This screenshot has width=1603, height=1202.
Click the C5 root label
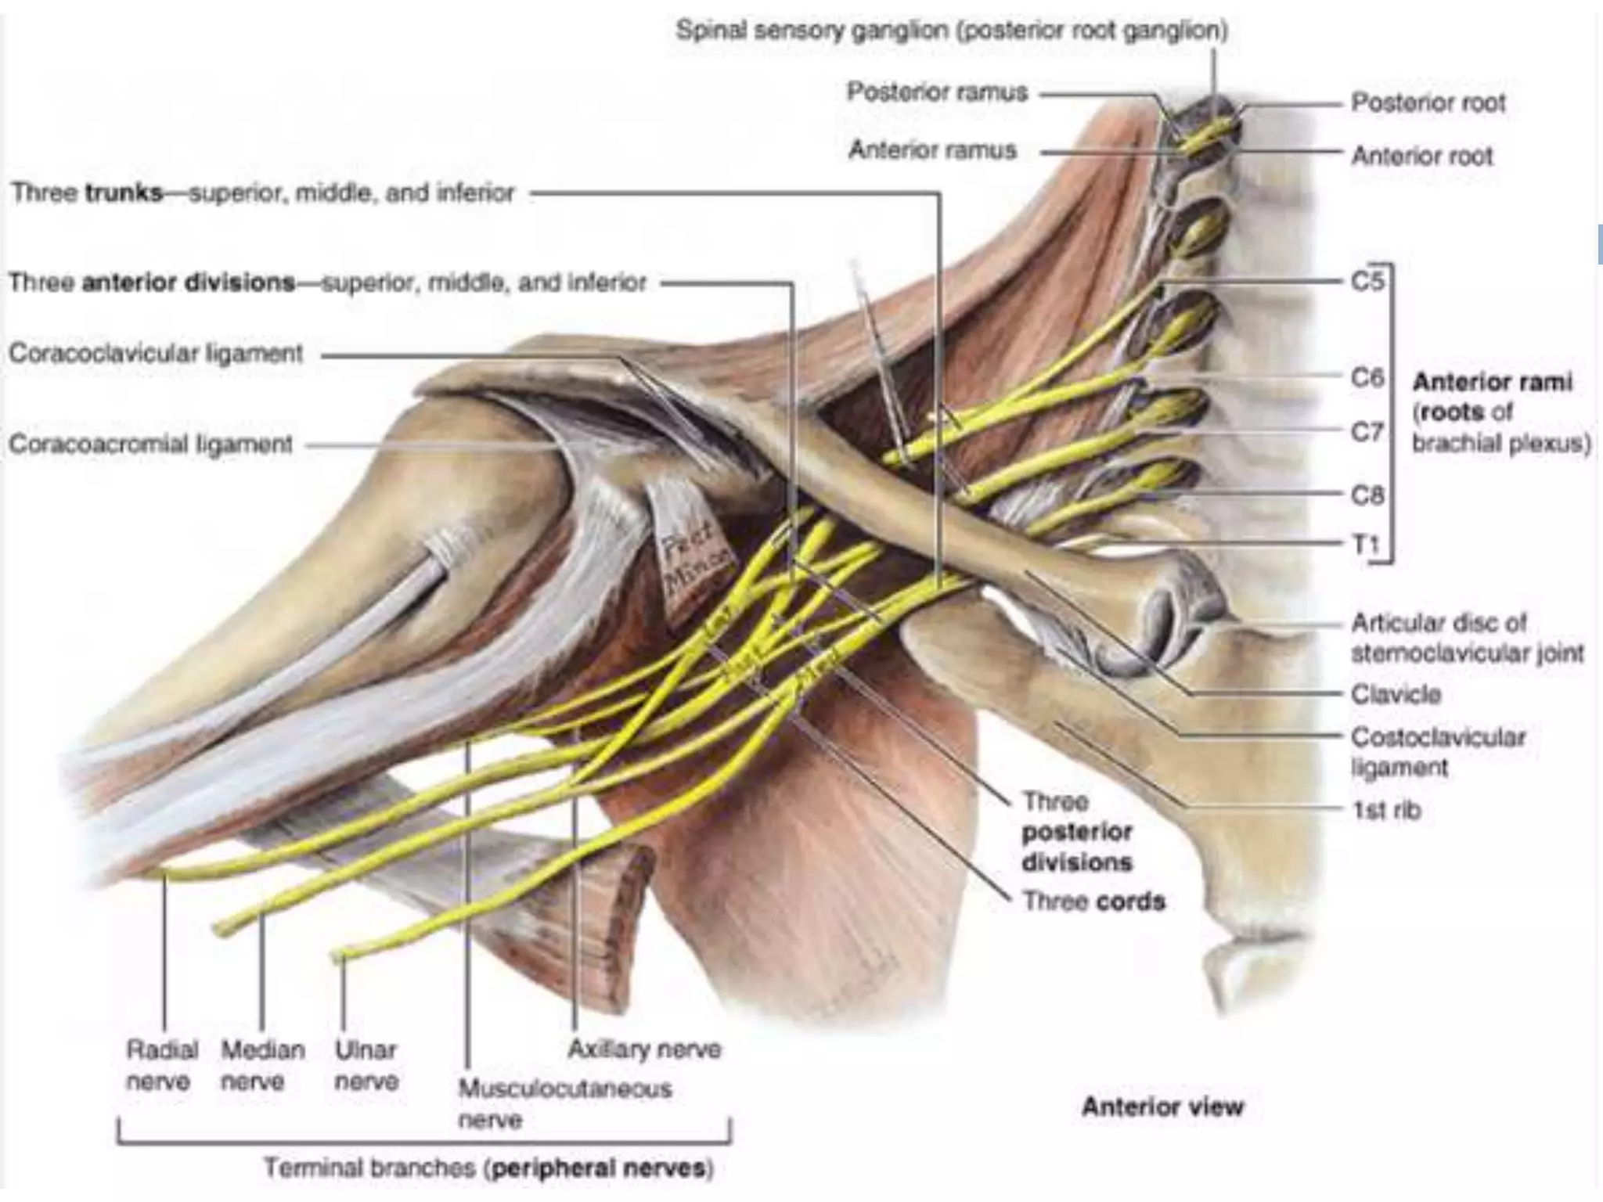(1367, 280)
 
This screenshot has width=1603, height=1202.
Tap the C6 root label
(1367, 377)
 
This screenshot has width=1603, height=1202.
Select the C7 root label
(1367, 431)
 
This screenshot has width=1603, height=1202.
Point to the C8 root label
(1367, 495)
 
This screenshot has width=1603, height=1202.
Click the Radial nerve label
(161, 1065)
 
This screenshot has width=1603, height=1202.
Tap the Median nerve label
(262, 1065)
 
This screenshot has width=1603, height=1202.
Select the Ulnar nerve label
(366, 1065)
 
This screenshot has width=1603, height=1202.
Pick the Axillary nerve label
(643, 1049)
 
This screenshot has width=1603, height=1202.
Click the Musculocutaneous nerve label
(564, 1103)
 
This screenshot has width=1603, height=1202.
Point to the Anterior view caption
(1162, 1107)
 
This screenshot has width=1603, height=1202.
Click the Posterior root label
(1428, 103)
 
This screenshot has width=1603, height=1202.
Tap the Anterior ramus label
(932, 149)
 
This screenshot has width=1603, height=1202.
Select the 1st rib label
(1385, 810)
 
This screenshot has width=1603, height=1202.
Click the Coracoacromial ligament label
(150, 444)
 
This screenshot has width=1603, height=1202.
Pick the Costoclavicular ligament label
(1438, 751)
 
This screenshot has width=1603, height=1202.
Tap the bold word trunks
(124, 193)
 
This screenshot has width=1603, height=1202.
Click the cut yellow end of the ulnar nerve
(337, 956)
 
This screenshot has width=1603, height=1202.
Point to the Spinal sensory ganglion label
(951, 31)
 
